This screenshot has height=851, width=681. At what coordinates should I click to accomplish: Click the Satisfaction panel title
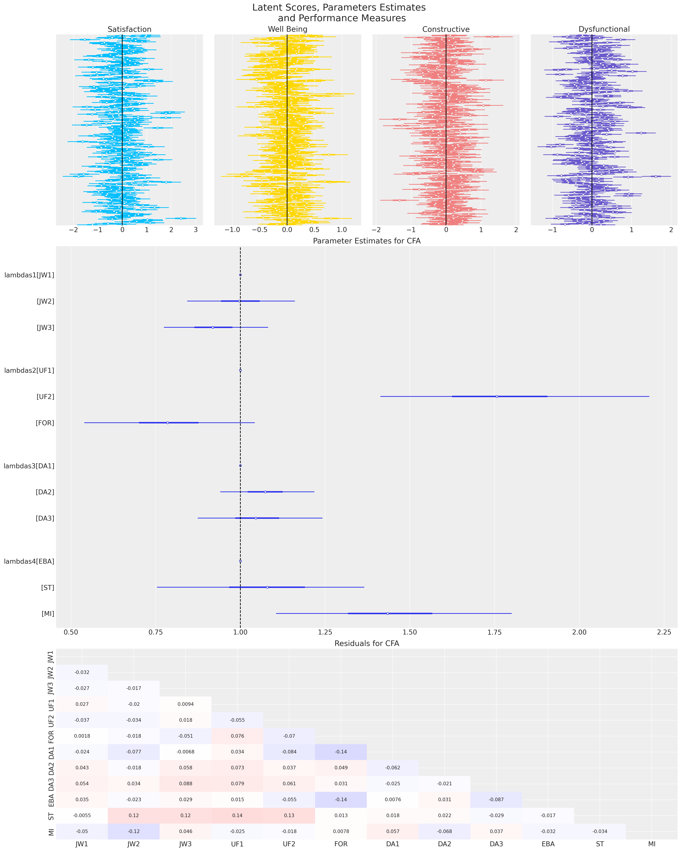click(129, 29)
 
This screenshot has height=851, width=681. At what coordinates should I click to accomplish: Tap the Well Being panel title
click(287, 29)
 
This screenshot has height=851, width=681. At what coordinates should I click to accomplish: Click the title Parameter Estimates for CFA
click(367, 241)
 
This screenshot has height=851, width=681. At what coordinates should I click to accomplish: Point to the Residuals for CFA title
click(367, 643)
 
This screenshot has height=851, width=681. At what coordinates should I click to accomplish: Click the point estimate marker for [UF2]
click(496, 396)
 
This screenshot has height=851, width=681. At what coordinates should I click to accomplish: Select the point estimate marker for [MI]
click(388, 613)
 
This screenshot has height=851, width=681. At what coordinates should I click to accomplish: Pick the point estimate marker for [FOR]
click(168, 423)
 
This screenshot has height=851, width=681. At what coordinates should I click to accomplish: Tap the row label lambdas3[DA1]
click(29, 466)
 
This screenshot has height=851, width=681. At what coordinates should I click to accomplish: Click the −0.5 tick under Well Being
click(260, 230)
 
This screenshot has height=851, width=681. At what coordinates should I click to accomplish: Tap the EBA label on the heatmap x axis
click(548, 844)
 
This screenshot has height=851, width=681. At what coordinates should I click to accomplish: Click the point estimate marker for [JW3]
click(213, 327)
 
